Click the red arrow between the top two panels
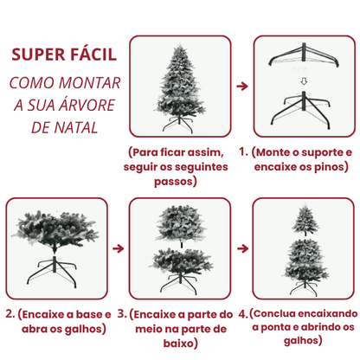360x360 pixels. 241,87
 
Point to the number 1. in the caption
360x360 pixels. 244,152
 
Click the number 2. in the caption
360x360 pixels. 9,314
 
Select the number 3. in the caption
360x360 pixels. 122,314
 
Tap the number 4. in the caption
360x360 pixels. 243,314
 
